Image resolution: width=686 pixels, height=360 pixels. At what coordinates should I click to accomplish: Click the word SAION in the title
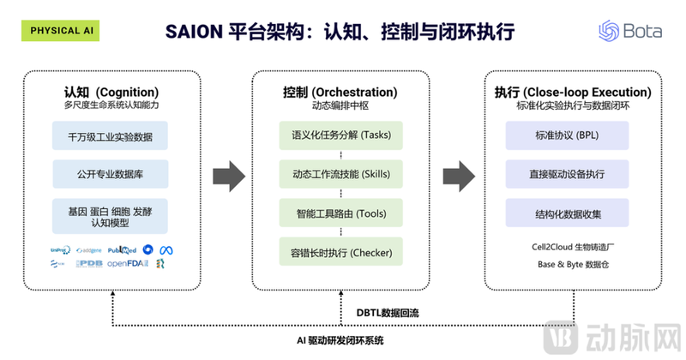click(193, 33)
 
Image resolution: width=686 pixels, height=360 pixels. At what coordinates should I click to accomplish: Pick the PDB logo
click(89, 263)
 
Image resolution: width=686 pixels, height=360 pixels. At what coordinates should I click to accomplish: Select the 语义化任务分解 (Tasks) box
click(340, 135)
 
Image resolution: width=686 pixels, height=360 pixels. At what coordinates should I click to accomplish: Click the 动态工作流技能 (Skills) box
click(340, 174)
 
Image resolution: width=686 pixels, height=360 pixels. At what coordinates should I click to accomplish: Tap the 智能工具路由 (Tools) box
click(340, 213)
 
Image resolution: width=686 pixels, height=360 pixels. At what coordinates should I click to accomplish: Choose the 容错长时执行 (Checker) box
click(340, 253)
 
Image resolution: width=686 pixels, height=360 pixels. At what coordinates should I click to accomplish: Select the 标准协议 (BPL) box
click(569, 135)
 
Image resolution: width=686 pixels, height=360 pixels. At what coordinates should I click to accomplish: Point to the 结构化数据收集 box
click(569, 213)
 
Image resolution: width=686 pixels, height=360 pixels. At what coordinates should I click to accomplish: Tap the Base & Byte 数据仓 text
click(569, 265)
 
